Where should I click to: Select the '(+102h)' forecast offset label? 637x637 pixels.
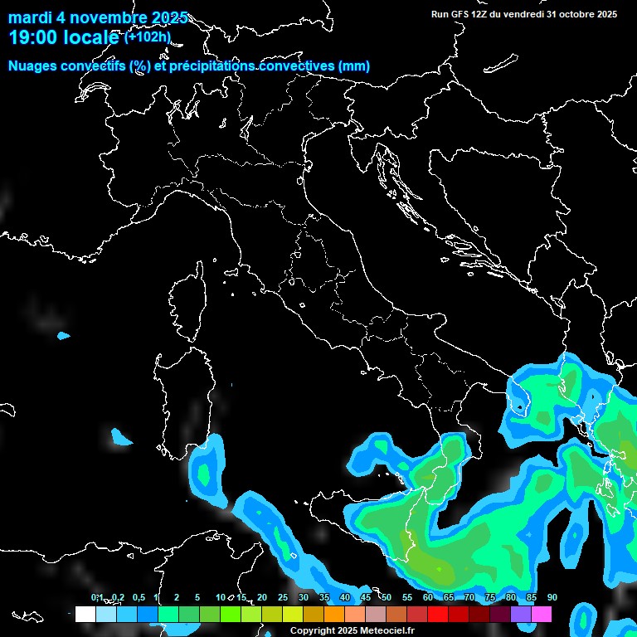point(148,36)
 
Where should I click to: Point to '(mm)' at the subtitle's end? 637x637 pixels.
point(354,66)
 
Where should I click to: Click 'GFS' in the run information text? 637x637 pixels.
point(460,14)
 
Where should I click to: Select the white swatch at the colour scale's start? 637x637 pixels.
point(85,614)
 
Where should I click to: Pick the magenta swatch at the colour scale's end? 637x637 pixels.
point(542,614)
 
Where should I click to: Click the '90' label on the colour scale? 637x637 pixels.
point(552,598)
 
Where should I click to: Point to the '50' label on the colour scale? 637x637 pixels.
point(387,598)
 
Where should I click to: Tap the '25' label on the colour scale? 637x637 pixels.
point(283,598)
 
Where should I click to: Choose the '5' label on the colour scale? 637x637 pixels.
point(197,598)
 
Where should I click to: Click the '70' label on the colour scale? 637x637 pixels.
point(469,598)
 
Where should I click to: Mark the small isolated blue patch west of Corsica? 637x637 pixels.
point(64,336)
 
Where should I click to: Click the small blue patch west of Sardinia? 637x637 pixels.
point(121,437)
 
